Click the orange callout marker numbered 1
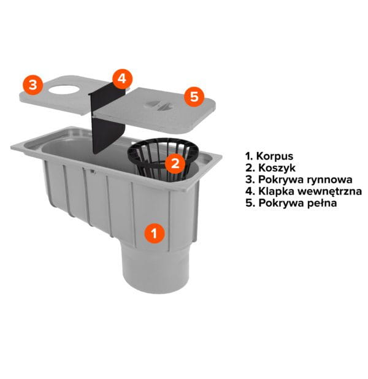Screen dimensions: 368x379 pos(155,233)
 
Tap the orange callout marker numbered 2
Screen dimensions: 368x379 pos(175,163)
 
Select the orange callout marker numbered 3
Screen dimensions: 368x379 pos(33,85)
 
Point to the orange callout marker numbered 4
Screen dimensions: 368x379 pos(122,78)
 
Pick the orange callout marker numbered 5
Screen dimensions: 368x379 pos(194,96)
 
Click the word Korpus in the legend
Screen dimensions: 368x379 pos(275,156)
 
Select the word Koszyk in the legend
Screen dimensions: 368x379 pos(277,168)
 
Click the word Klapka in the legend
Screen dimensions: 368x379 pos(276,191)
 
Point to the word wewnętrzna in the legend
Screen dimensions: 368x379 pos(329,191)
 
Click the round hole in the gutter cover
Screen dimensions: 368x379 pos(64,90)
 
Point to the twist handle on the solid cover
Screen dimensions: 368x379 pos(158,105)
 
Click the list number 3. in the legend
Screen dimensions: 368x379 pos(250,180)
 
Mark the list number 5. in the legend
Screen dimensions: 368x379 pos(250,203)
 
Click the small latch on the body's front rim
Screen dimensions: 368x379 pos(92,171)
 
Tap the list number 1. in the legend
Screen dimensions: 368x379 pos(249,156)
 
